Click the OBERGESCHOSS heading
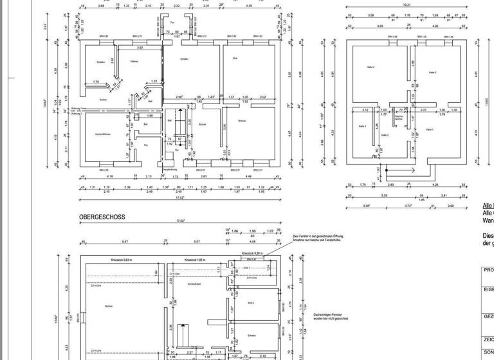(x=102, y=217)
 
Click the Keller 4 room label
(x=370, y=66)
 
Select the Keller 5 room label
(x=432, y=73)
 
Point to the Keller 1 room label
(x=429, y=129)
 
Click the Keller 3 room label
(x=361, y=126)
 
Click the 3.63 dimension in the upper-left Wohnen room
(x=140, y=48)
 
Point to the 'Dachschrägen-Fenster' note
(x=331, y=316)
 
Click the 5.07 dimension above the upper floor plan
(x=197, y=242)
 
